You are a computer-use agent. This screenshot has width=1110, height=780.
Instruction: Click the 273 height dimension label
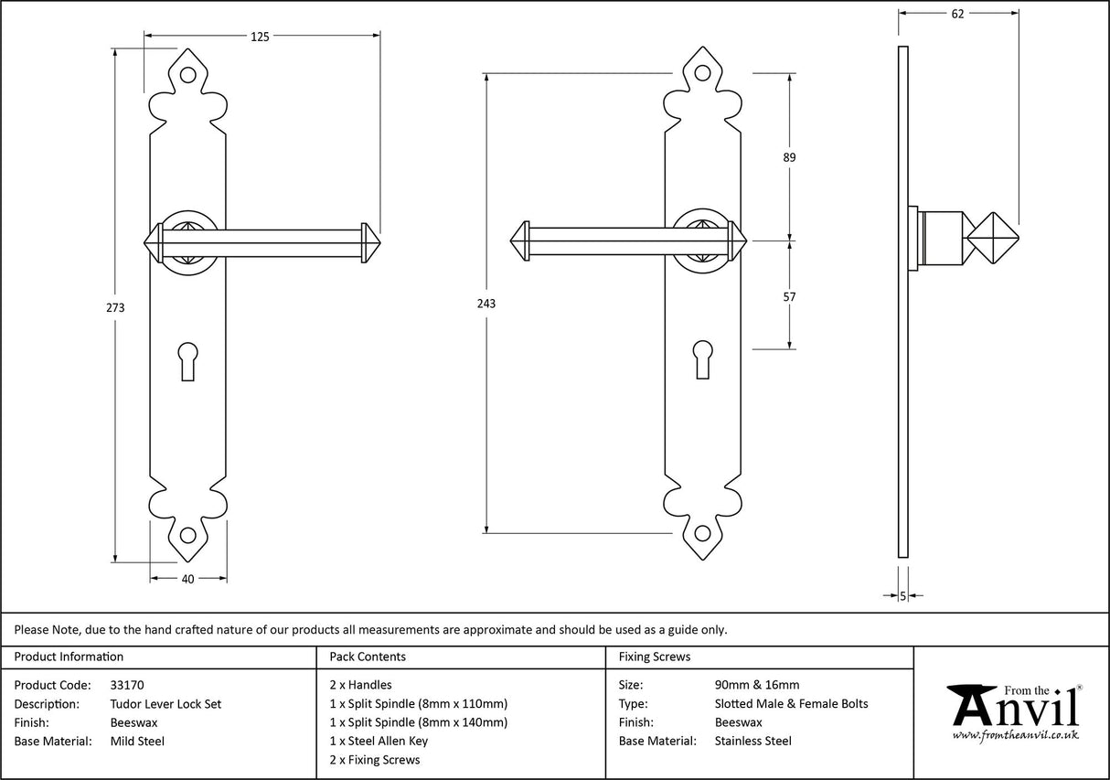tap(115, 307)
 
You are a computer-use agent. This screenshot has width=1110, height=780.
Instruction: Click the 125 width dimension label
tap(260, 37)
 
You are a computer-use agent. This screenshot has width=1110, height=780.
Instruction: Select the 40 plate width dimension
tap(188, 578)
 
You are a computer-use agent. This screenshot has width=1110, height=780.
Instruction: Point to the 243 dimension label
tap(486, 304)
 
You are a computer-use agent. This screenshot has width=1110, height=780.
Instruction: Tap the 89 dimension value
tap(789, 157)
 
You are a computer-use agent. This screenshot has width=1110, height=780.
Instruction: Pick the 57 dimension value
tap(789, 296)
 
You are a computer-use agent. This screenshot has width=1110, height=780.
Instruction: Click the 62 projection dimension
tap(957, 13)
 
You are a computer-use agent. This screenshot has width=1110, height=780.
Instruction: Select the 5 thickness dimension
tap(902, 596)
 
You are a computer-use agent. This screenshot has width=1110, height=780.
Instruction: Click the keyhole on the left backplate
tap(188, 359)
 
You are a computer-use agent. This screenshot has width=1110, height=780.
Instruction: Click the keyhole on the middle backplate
tap(703, 358)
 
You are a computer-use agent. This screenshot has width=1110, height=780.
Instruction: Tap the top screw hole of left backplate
tap(188, 77)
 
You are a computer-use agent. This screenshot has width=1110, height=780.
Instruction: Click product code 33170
tap(126, 685)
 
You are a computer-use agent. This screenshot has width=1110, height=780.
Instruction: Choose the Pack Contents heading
tap(368, 657)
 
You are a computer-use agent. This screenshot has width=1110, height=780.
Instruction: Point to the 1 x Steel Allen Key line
tap(379, 742)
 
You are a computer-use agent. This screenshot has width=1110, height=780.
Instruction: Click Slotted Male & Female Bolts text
tap(791, 704)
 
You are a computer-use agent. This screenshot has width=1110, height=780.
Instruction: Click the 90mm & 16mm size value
tap(756, 685)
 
